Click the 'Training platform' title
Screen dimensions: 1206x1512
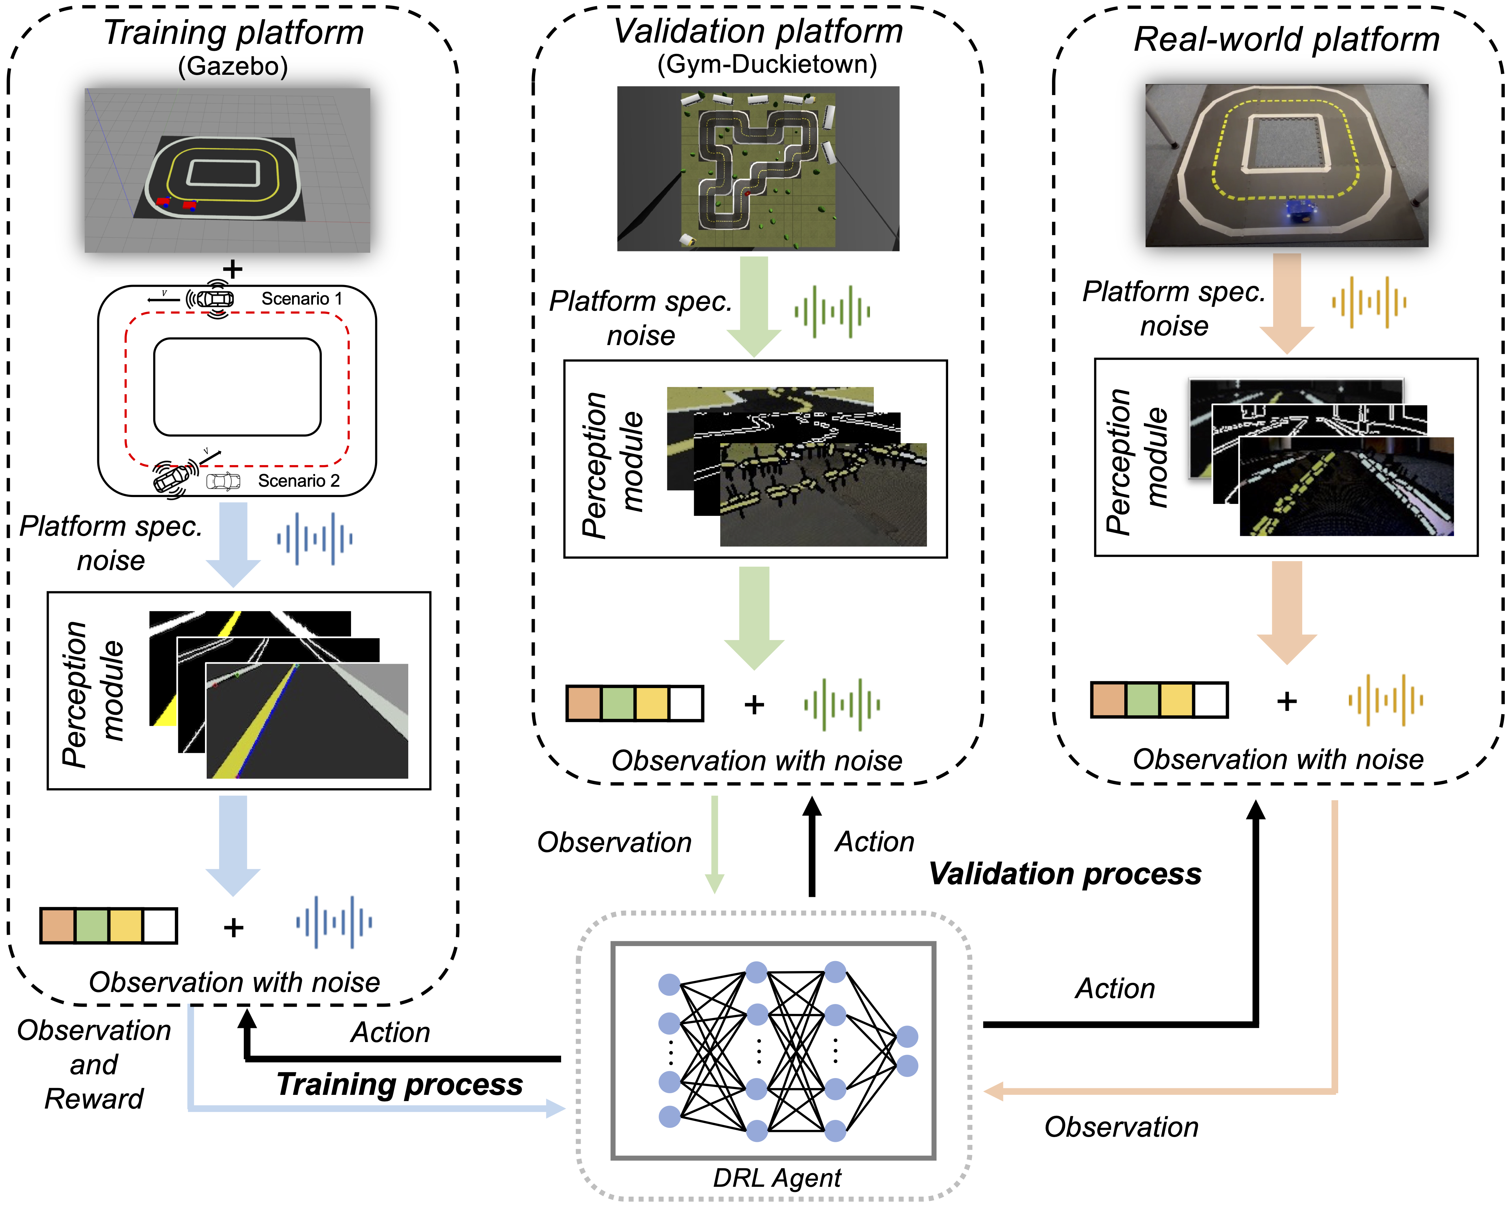233,33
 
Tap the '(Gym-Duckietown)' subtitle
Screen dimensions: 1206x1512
766,64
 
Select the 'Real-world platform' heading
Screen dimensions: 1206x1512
1286,39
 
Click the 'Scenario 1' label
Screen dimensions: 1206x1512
302,299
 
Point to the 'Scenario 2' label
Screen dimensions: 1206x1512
299,481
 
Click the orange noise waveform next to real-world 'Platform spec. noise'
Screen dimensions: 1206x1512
1369,303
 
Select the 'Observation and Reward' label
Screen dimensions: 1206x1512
94,1064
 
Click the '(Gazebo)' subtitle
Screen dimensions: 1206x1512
233,67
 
